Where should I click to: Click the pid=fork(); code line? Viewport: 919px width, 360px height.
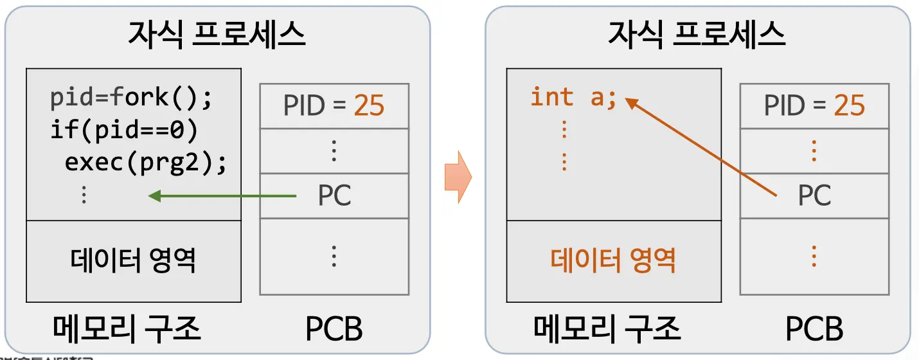131,98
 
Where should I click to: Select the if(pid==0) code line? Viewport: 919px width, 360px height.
123,130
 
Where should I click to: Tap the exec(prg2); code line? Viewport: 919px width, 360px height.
146,163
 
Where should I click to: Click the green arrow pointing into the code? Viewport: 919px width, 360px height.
222,195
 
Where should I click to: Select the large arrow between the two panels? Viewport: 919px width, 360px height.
458,177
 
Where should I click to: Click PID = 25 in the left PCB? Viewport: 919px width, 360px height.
334,105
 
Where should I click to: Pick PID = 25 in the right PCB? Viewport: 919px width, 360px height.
814,105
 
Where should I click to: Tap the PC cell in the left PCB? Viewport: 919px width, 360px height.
334,195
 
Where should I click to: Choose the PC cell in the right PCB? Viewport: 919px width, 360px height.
814,195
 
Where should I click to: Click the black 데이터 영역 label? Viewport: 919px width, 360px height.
133,260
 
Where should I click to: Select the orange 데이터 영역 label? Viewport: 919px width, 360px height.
613,260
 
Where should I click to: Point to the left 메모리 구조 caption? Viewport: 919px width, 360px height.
127,328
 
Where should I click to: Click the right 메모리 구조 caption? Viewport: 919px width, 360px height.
607,328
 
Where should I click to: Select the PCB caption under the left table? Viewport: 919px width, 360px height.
334,328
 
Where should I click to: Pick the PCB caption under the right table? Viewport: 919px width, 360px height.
814,328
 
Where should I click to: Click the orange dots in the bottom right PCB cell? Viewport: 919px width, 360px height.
814,256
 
